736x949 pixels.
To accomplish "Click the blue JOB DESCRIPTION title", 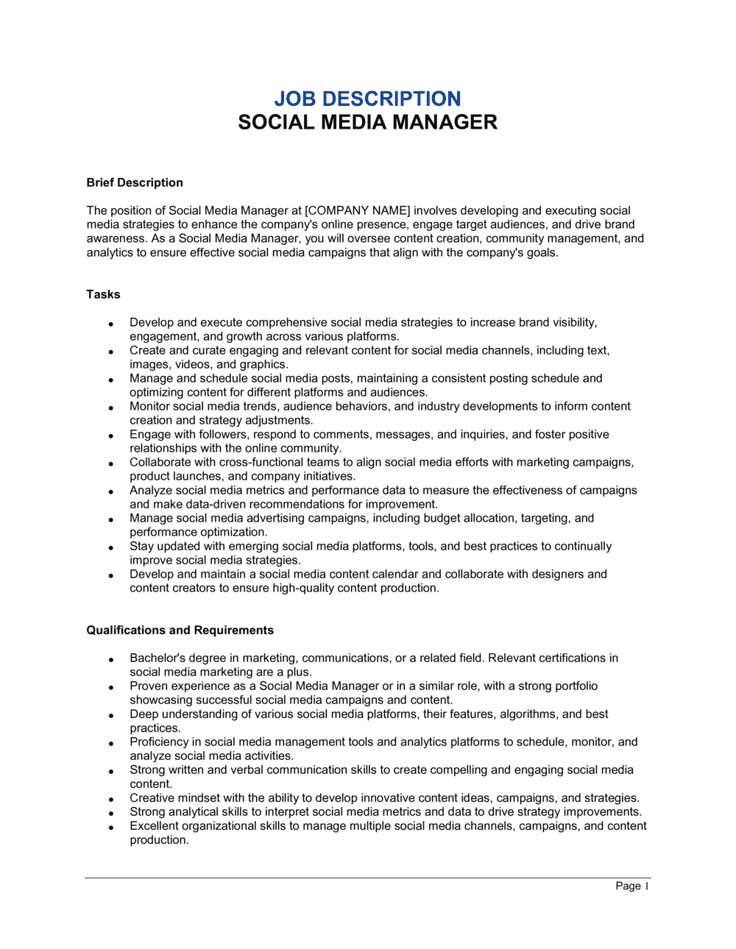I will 367,99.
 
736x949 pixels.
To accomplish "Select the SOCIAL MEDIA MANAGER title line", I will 367,122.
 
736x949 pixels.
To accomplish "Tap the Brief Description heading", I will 135,182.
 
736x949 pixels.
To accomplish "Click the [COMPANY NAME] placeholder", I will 358,210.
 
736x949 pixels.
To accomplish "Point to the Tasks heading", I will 103,294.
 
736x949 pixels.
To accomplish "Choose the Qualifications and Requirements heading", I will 180,630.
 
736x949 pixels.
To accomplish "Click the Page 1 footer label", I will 632,886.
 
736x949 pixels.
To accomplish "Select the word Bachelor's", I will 157,658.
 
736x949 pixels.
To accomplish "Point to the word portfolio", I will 568,686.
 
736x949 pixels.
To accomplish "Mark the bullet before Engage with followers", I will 110,436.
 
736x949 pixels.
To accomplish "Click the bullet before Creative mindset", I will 110,799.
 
